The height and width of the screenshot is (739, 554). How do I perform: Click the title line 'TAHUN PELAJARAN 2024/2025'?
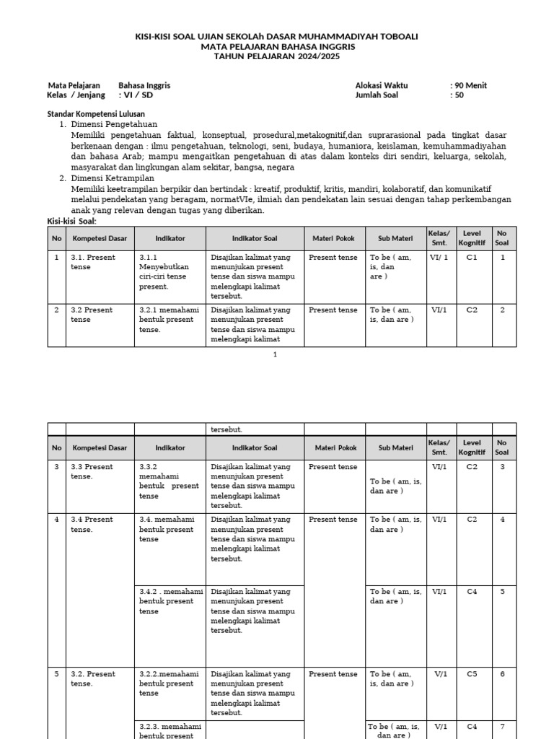click(x=277, y=56)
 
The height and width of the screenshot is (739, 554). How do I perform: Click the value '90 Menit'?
click(x=470, y=85)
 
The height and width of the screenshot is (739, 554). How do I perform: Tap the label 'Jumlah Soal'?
click(x=378, y=95)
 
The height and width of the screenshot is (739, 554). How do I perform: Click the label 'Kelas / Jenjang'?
click(x=76, y=95)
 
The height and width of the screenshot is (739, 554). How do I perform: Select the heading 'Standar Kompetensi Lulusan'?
click(x=96, y=114)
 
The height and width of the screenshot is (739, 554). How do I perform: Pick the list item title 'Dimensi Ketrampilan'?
click(x=113, y=178)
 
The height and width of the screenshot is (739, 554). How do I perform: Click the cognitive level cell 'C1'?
click(x=471, y=257)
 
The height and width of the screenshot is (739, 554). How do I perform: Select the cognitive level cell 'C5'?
click(x=471, y=674)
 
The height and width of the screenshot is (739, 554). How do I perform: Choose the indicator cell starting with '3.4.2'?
click(x=170, y=601)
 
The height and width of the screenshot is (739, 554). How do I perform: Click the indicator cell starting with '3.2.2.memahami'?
click(x=170, y=683)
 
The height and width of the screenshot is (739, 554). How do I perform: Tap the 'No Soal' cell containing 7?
click(x=502, y=727)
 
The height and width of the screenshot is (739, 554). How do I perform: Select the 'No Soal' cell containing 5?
click(x=502, y=592)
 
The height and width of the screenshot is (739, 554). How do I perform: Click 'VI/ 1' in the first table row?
click(x=439, y=257)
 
